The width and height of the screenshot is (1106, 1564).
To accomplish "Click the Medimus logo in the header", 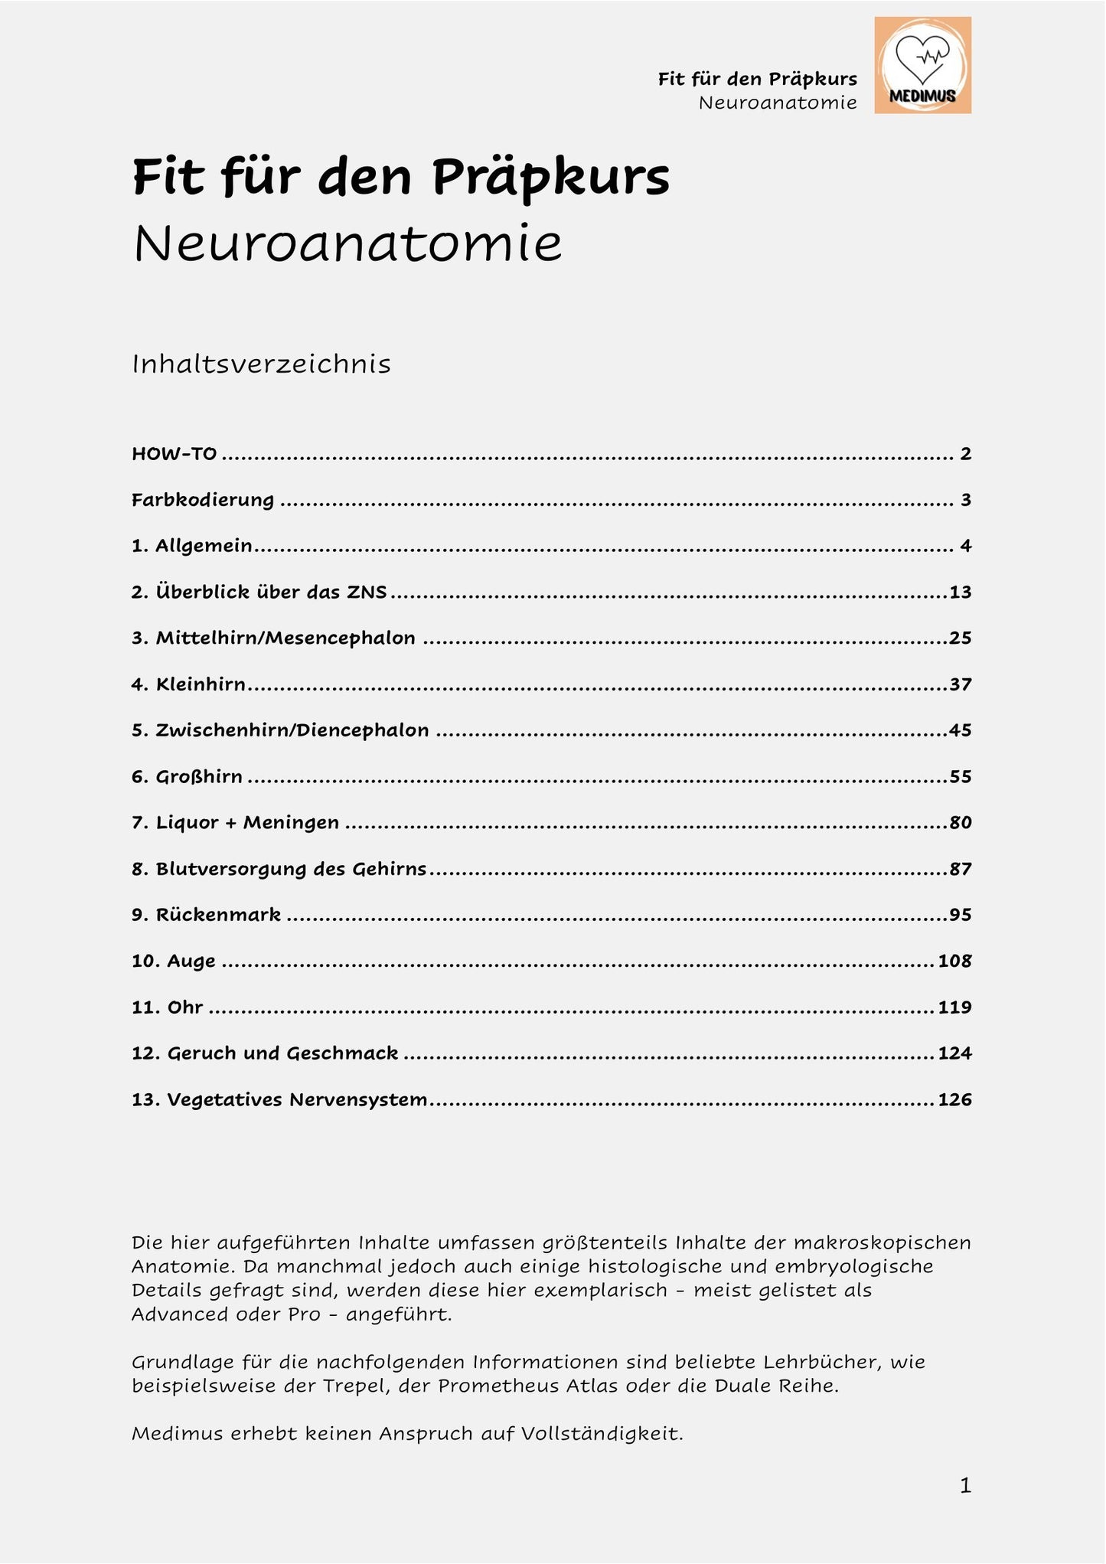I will (x=922, y=65).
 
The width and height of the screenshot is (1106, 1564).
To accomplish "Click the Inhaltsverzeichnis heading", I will (x=261, y=364).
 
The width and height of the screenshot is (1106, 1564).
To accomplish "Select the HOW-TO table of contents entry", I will (x=175, y=454).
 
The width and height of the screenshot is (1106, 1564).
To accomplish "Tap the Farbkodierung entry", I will (x=203, y=500).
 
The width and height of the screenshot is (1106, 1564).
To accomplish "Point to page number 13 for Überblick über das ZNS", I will (x=960, y=592).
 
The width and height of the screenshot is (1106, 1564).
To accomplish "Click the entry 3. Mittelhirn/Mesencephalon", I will (x=273, y=638).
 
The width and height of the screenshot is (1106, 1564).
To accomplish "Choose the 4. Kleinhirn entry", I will (x=188, y=684).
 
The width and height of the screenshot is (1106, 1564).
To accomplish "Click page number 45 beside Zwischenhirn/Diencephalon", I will (x=960, y=730).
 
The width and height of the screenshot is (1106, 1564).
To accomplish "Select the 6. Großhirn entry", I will (x=187, y=777).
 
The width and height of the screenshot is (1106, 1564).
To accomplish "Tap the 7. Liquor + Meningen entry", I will (x=235, y=823).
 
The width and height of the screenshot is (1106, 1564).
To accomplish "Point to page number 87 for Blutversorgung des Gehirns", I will (x=960, y=869).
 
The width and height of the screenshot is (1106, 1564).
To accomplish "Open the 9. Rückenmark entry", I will (x=206, y=915).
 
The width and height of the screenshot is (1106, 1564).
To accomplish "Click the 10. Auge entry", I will (x=173, y=962).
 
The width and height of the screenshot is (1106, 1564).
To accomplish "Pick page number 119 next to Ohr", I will (x=954, y=1007).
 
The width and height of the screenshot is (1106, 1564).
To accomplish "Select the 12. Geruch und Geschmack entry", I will (x=265, y=1053).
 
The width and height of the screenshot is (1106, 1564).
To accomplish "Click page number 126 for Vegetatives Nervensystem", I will (x=954, y=1100).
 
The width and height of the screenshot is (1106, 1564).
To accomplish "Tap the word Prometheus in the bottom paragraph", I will (x=498, y=1386).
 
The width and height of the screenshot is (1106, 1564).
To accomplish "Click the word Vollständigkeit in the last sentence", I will (x=602, y=1434).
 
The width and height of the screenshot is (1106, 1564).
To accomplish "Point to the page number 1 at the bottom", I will (x=965, y=1486).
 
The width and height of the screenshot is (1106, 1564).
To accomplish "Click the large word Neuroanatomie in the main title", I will (x=348, y=244).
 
